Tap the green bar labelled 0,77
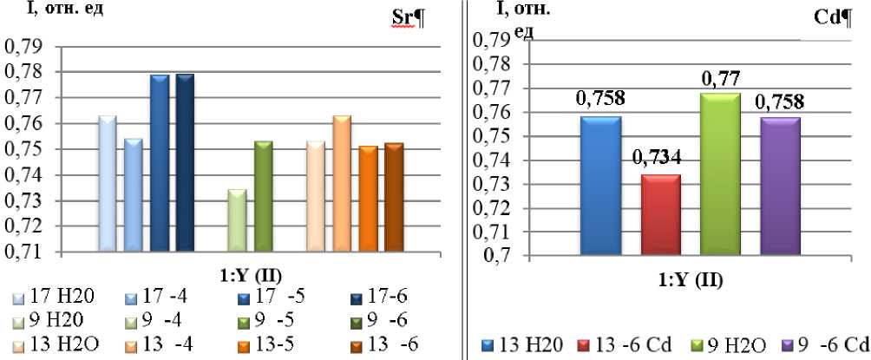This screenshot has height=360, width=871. tap(720, 174)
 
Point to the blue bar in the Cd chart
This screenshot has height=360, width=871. tap(600, 187)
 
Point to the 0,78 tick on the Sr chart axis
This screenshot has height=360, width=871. tap(25, 72)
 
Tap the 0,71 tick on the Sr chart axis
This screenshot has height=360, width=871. tap(25, 252)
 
